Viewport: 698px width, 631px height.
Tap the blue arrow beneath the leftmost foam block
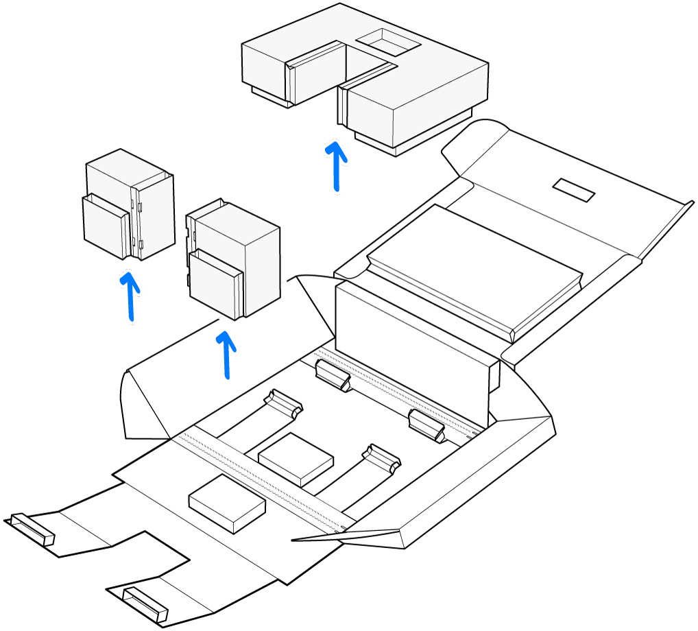130,296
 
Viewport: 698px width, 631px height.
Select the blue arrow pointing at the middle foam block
226,355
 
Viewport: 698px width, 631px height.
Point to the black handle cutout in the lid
573,190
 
